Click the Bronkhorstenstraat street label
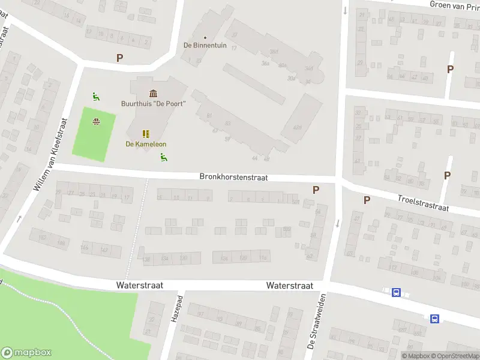tap(233, 178)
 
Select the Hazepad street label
tap(177, 307)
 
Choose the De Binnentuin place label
tap(205, 46)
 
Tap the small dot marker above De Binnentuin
tap(205, 37)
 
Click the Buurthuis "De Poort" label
tap(153, 103)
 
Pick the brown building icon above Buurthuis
tap(153, 93)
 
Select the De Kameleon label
tap(146, 144)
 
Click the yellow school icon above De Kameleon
tap(146, 134)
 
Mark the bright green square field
tap(94, 134)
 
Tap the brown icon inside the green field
tap(95, 122)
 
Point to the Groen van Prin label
tap(454, 5)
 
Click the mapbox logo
tap(26, 353)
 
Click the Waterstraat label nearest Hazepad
tap(140, 286)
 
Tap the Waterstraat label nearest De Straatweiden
tap(290, 286)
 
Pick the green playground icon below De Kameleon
tap(163, 157)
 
